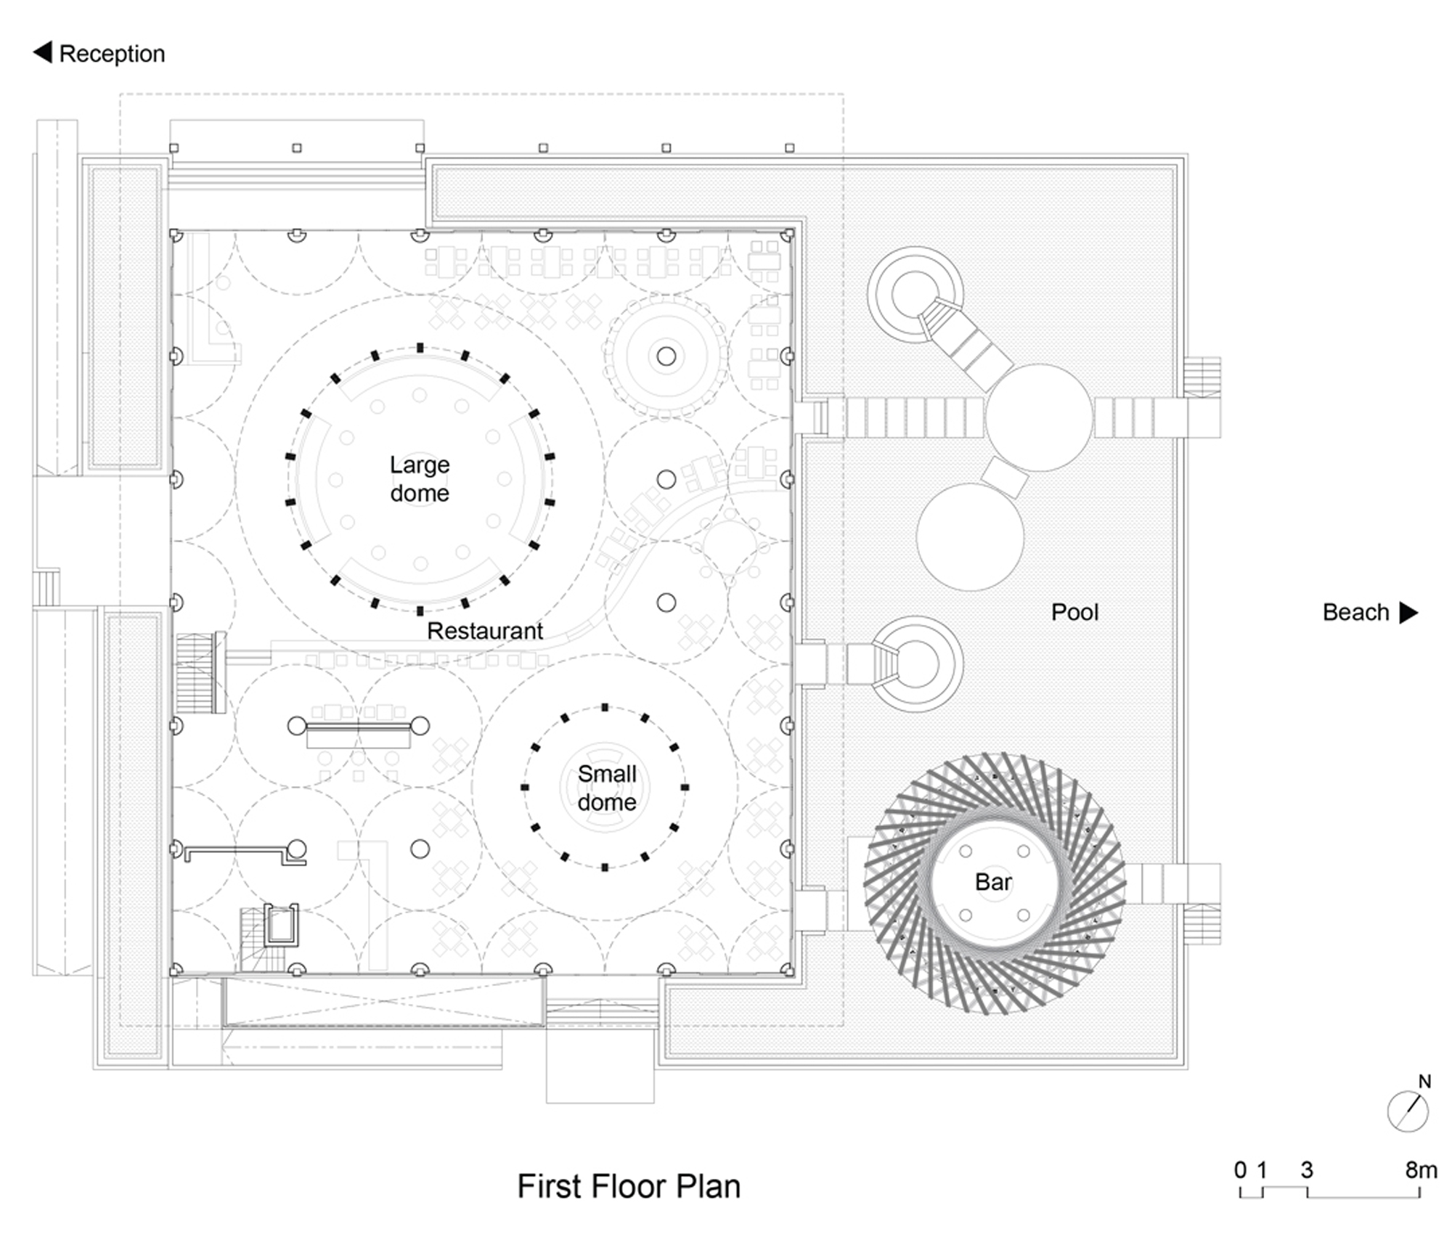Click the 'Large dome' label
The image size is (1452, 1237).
coord(420,479)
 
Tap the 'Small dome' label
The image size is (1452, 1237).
coord(607,788)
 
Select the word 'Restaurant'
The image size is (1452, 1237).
coord(485,631)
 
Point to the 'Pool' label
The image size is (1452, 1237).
coord(1074,612)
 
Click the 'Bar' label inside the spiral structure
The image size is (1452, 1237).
coord(993,882)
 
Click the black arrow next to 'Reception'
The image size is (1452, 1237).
coord(43,52)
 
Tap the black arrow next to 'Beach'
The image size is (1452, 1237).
coord(1408,613)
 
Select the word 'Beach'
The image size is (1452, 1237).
coord(1355,613)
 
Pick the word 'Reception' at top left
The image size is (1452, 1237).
coord(112,54)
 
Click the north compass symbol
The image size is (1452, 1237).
coord(1408,1111)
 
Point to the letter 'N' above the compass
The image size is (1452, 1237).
coord(1424,1082)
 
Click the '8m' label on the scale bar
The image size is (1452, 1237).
coord(1421,1169)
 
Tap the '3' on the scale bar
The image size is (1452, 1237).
coord(1307,1169)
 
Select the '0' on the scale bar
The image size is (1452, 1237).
coord(1241,1169)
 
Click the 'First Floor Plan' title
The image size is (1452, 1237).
coord(629,1186)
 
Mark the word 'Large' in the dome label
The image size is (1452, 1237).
coord(420,465)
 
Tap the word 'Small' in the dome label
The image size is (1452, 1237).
coord(607,774)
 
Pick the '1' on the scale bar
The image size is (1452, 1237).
coord(1263,1169)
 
